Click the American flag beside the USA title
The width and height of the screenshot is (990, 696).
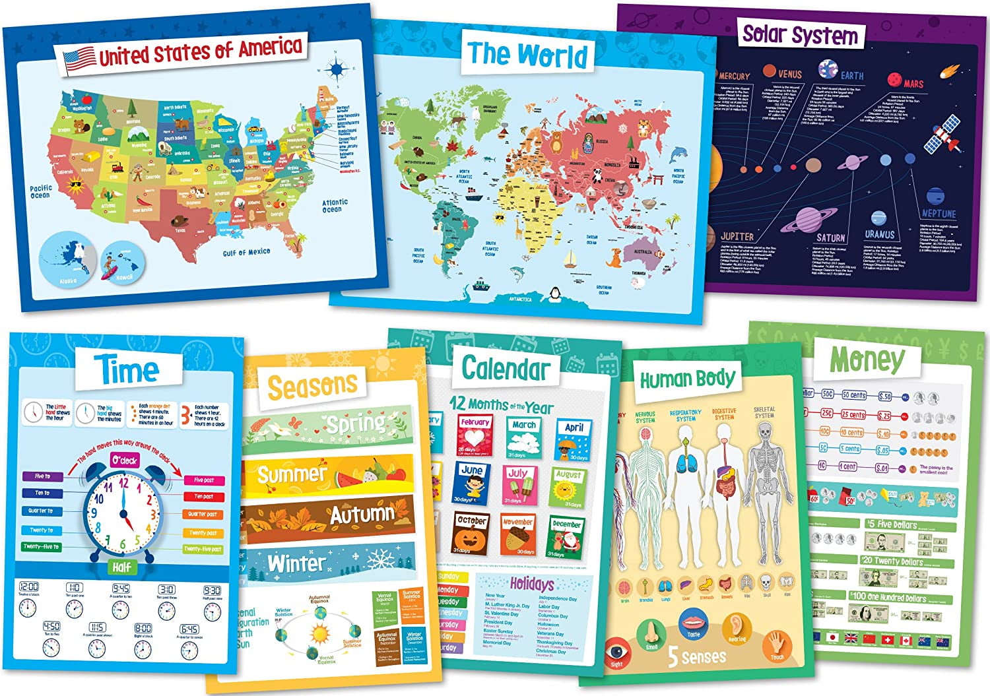pyautogui.click(x=79, y=59)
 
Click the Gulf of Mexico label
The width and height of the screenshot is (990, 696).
pyautogui.click(x=246, y=252)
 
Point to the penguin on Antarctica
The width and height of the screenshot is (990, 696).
pyautogui.click(x=555, y=294)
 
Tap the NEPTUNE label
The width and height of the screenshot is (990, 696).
pyautogui.click(x=939, y=214)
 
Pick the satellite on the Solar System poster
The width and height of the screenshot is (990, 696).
pyautogui.click(x=942, y=135)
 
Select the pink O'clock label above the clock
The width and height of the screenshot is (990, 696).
pyautogui.click(x=124, y=460)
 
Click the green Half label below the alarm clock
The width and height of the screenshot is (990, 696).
pyautogui.click(x=121, y=567)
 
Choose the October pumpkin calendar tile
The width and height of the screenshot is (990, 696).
pyautogui.click(x=471, y=533)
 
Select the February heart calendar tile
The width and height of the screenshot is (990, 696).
pyautogui.click(x=475, y=435)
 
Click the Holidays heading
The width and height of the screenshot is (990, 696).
pyautogui.click(x=531, y=583)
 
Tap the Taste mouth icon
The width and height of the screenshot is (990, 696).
pyautogui.click(x=693, y=622)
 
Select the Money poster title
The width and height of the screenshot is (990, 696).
pyautogui.click(x=867, y=360)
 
